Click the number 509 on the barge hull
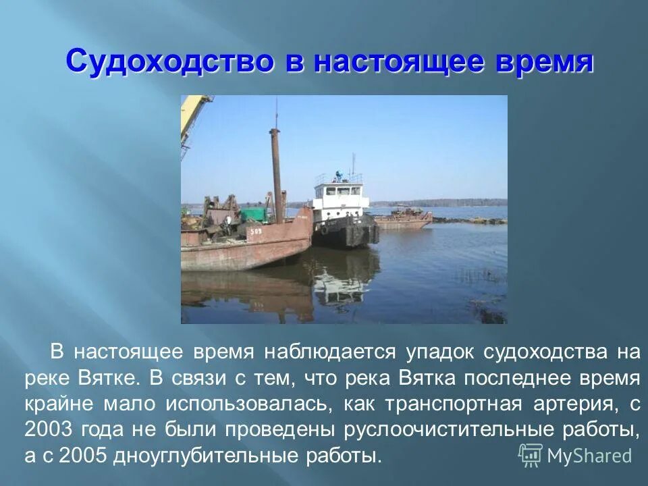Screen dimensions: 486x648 256,232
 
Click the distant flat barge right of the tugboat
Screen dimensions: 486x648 403,219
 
